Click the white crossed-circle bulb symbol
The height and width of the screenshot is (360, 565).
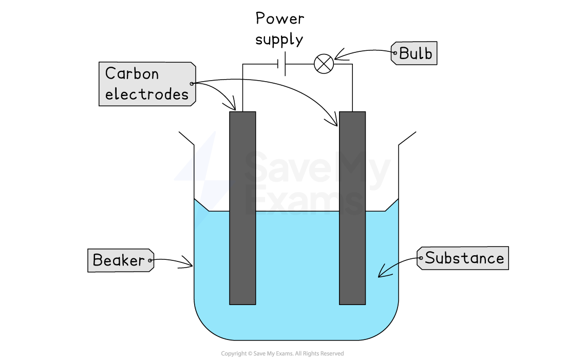[x=324, y=64]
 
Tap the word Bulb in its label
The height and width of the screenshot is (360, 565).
[x=416, y=53]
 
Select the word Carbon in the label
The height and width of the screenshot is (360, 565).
[x=132, y=74]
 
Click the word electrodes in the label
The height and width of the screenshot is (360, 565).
[x=147, y=94]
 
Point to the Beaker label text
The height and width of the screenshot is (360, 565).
[x=119, y=260]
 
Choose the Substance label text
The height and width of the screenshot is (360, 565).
[x=464, y=258]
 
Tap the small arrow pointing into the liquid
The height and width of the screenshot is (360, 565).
[x=387, y=271]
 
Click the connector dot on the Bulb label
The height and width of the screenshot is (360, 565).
[x=394, y=53]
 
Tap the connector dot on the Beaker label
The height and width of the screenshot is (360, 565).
[x=150, y=260]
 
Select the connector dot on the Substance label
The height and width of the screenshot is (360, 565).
[x=421, y=258]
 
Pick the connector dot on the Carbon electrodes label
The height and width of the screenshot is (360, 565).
[x=192, y=84]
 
